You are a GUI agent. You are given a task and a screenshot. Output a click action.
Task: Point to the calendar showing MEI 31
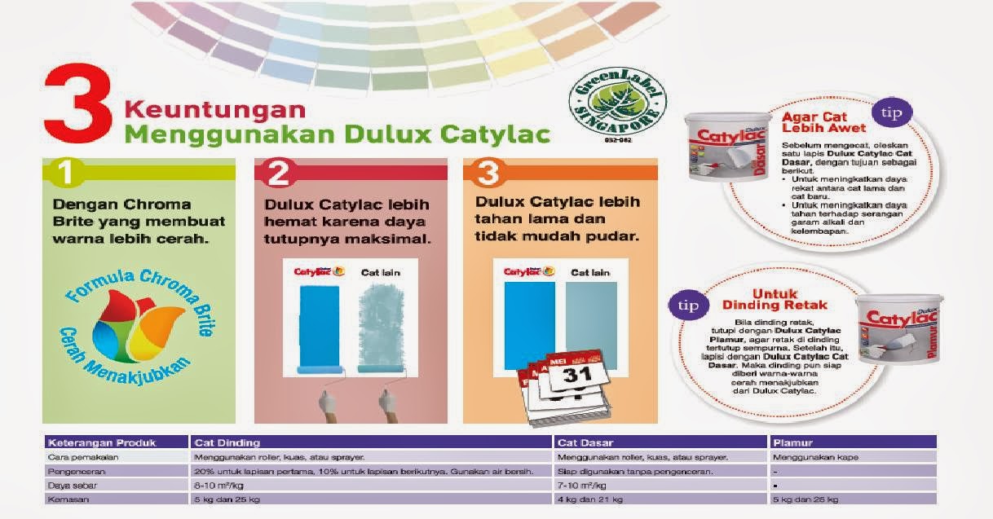(x=563, y=382)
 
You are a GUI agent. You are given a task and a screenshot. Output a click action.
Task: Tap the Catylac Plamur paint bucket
(x=898, y=330)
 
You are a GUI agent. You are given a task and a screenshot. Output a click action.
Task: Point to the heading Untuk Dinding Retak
(x=775, y=299)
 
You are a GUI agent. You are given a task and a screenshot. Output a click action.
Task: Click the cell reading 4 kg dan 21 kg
(x=589, y=499)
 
